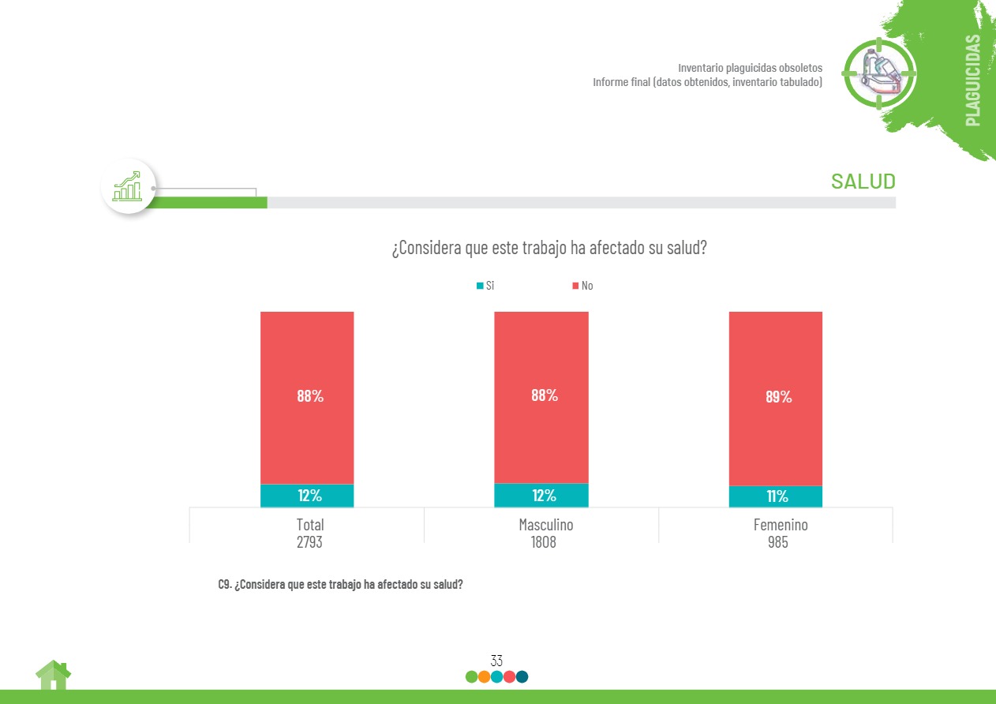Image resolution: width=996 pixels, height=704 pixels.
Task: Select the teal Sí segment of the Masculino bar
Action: point(541,496)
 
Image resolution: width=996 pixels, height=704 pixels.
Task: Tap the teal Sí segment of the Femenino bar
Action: point(776,496)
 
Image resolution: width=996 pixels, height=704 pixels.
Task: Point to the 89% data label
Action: point(778,397)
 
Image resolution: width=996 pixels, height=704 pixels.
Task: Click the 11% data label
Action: point(777,496)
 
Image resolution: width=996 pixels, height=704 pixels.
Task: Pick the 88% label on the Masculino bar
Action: point(545,395)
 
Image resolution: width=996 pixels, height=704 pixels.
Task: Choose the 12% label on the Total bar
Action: point(309,496)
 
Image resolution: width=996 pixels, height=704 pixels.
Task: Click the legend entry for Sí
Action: point(485,286)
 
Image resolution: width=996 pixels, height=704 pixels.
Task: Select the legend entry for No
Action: point(582,286)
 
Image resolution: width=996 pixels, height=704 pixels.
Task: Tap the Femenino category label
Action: point(781,525)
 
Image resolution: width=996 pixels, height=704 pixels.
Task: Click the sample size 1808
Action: point(544,542)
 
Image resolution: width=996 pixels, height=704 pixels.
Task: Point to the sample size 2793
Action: point(309,542)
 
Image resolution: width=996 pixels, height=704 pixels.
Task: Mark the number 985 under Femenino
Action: point(777,542)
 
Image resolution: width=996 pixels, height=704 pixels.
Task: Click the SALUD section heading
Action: point(863,182)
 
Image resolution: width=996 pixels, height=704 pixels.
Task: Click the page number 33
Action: point(496,661)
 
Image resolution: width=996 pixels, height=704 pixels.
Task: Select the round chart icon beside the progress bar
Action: point(128,186)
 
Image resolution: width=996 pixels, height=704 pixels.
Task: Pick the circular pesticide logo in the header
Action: point(880,73)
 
